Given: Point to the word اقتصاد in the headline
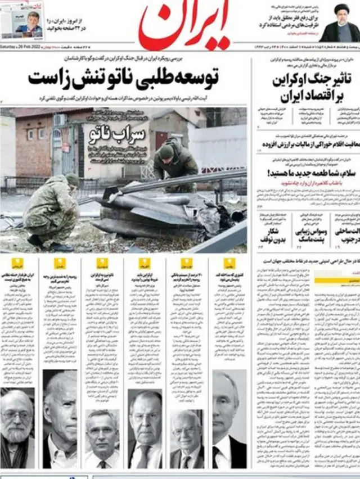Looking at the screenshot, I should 315,94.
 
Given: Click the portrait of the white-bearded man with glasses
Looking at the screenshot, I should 17,427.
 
